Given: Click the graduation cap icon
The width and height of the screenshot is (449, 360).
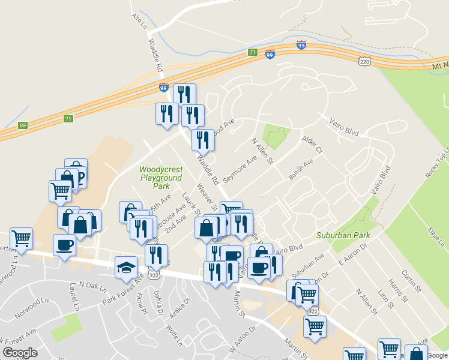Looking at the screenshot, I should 127,267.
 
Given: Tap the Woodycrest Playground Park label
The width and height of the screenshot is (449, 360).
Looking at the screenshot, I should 160,178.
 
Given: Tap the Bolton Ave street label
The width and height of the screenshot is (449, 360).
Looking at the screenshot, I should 301,170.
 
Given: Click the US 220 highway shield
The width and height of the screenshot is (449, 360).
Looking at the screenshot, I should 364,61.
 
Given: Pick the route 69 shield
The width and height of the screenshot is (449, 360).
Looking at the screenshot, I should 23,125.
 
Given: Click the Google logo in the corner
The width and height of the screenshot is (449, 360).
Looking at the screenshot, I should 20,353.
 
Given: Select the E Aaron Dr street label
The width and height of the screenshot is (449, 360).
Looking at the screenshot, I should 352,254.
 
